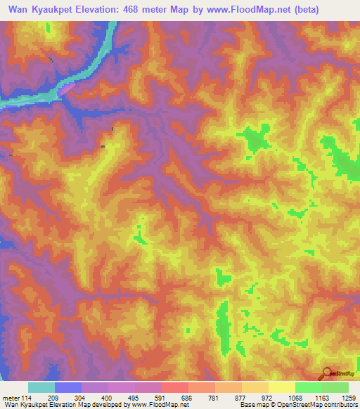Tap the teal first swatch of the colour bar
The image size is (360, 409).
coord(41,387)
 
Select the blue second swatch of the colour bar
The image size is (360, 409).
coord(68,387)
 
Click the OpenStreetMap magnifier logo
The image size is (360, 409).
coord(328,372)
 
